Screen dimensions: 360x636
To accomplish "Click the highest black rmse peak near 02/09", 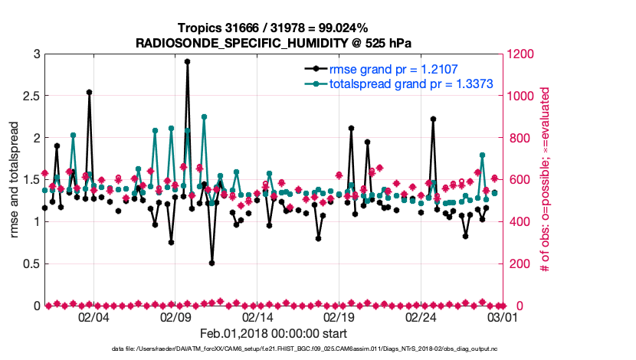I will click(x=188, y=61).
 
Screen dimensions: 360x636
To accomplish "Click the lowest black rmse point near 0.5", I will click(x=211, y=263).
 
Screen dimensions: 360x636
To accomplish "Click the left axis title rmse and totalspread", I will click(x=15, y=180).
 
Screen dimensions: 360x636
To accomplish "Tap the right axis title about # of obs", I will click(x=545, y=180).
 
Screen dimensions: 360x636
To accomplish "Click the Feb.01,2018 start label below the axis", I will click(x=274, y=333).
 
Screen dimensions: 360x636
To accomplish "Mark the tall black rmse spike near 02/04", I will click(x=90, y=92).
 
